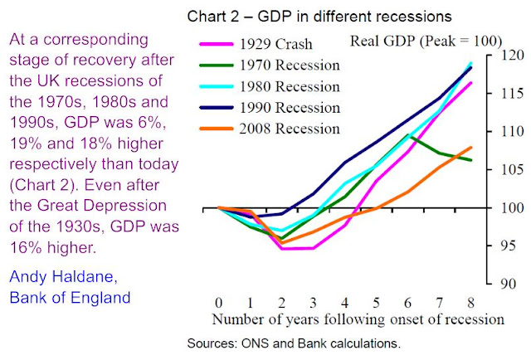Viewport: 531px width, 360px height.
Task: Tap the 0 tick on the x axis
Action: [219, 302]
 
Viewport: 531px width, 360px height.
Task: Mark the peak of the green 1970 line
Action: [407, 134]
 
